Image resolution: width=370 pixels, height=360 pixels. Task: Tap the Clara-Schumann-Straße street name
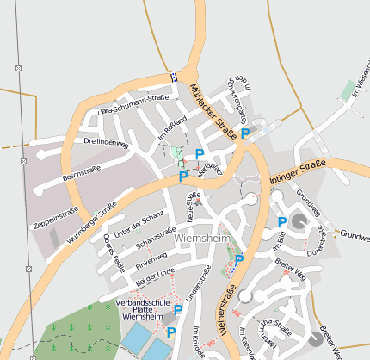(x=133, y=105)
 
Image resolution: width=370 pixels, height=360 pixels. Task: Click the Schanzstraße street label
(x=156, y=235)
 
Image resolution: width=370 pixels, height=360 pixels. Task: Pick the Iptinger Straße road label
(x=297, y=171)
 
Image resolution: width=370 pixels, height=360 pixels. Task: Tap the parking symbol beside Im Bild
(x=282, y=222)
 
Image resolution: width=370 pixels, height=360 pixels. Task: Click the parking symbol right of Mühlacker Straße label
(x=245, y=133)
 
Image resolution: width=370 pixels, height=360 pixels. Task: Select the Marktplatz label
(x=209, y=171)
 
